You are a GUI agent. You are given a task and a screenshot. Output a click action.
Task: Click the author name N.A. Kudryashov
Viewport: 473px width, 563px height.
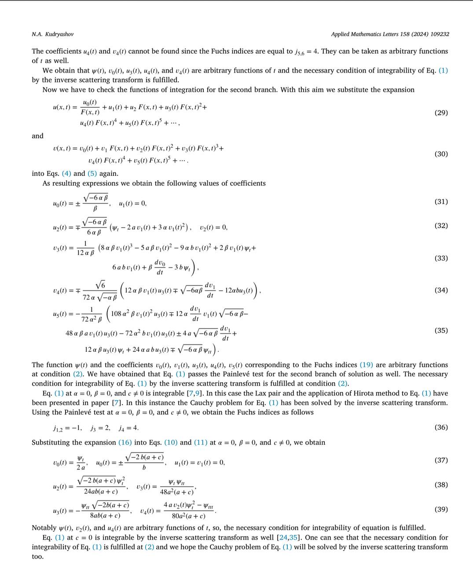pos(52,34)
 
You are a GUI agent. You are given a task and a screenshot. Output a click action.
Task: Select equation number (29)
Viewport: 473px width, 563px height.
pos(441,113)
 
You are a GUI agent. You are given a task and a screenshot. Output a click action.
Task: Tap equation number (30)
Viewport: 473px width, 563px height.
pos(441,154)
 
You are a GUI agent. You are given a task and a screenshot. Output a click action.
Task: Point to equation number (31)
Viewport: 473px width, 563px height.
pos(441,201)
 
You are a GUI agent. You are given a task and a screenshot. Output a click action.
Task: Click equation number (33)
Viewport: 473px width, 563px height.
pos(441,258)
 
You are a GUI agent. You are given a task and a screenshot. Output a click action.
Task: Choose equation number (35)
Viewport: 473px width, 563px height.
pos(441,330)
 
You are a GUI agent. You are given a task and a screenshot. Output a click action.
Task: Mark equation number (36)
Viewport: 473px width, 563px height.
pos(441,427)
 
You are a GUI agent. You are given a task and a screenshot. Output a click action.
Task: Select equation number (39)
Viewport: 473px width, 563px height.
pos(441,509)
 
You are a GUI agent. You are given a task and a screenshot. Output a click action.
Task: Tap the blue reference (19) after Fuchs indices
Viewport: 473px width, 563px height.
pos(366,365)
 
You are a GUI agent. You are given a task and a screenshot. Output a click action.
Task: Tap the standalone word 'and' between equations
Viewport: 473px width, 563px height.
pos(37,136)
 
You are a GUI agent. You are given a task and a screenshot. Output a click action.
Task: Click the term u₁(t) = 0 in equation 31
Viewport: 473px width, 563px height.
pos(132,203)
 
